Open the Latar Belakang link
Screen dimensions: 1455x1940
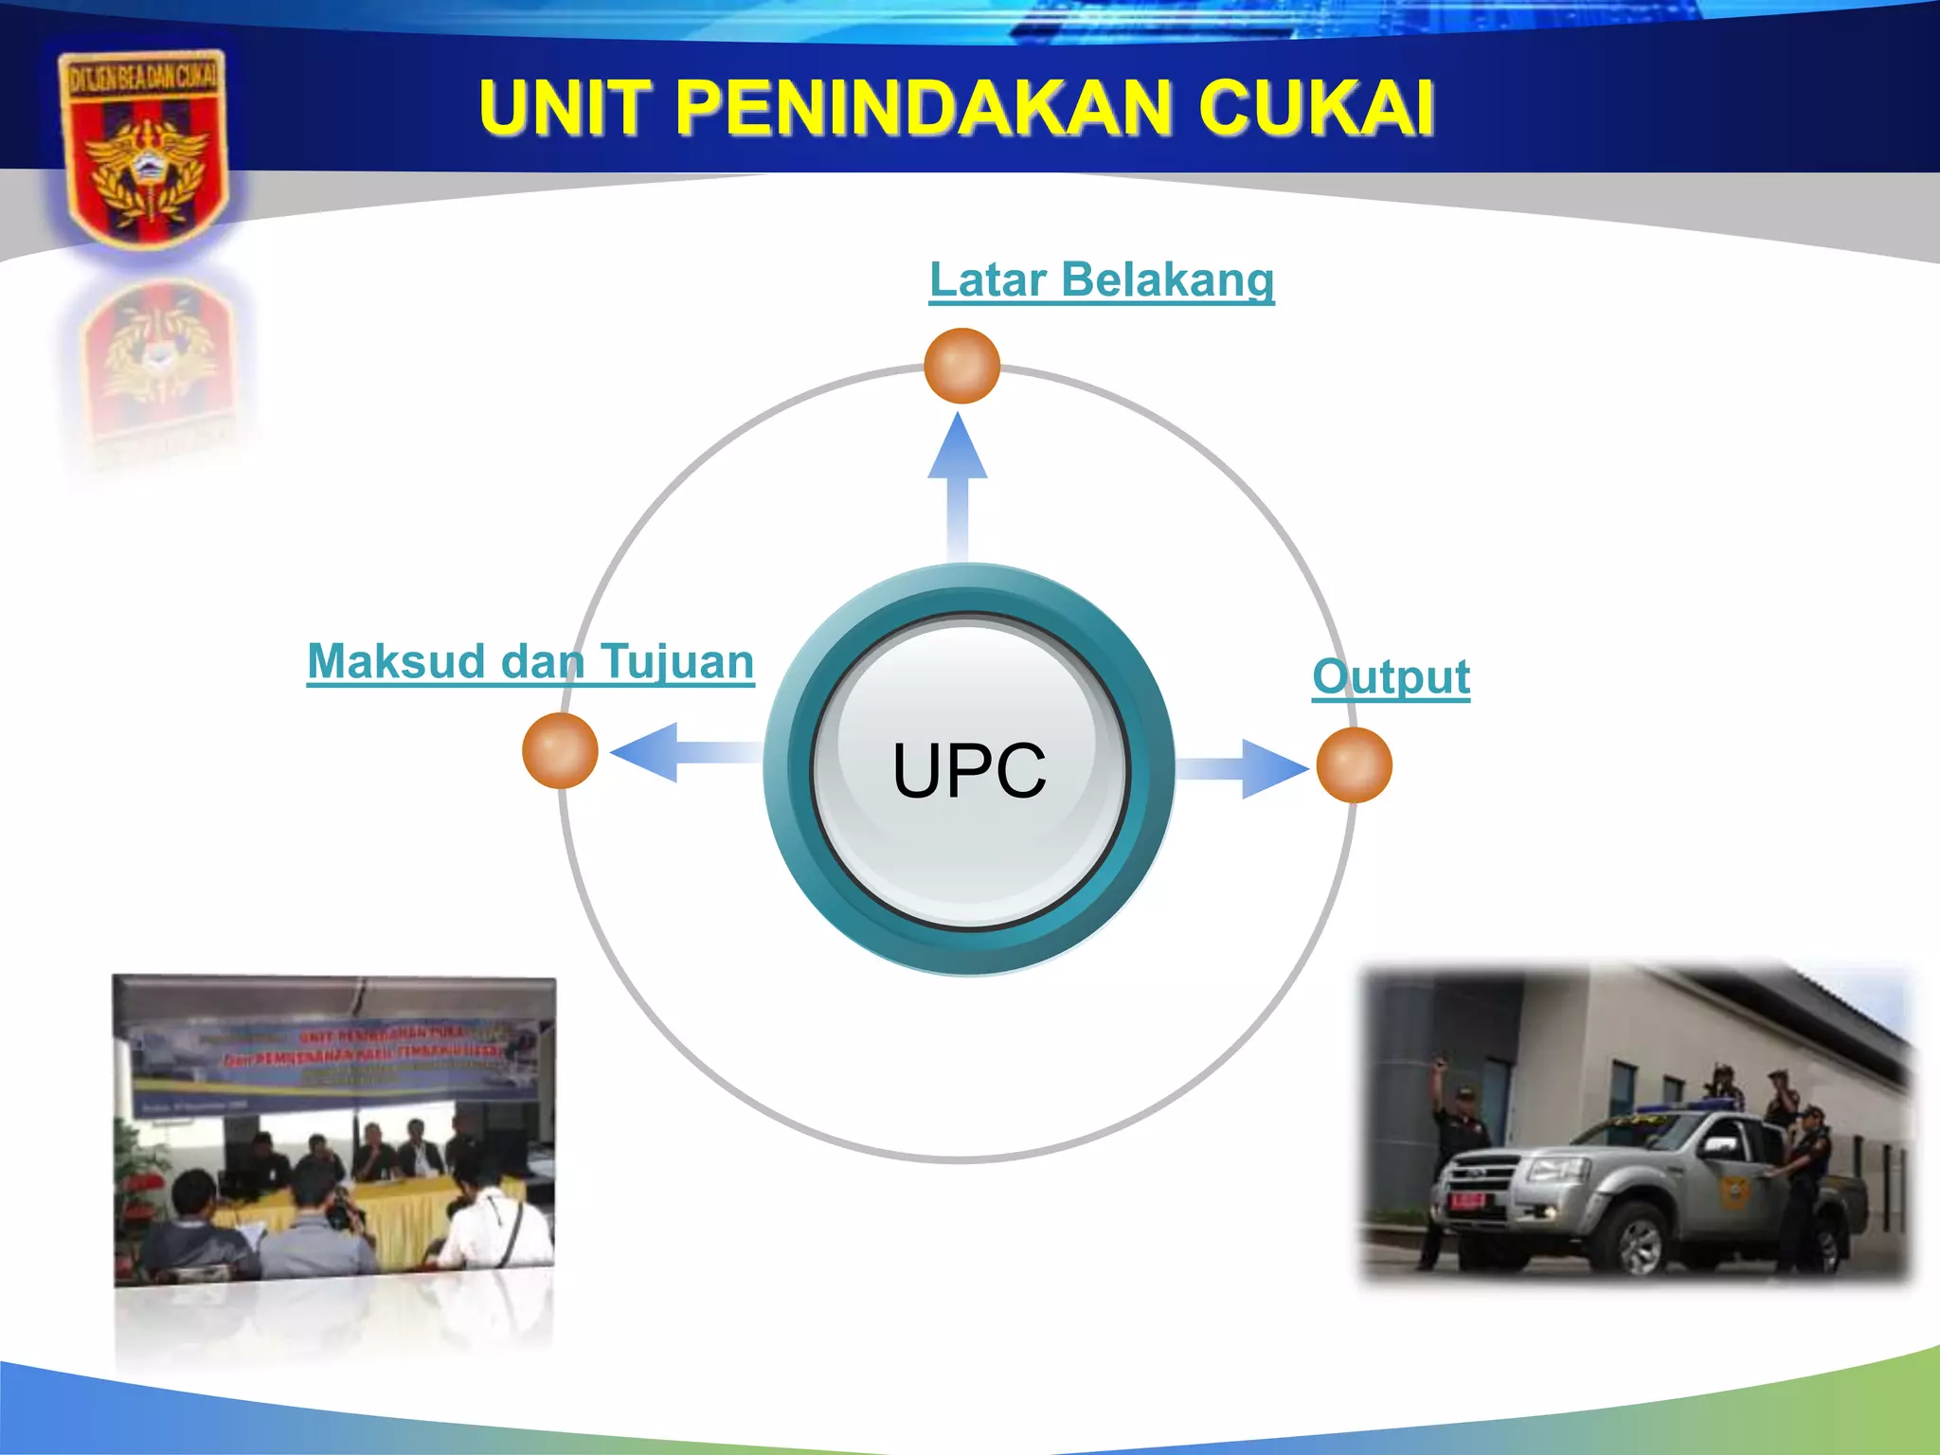(1102, 280)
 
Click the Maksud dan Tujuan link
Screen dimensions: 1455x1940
(530, 661)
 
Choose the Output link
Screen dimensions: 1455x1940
(1391, 677)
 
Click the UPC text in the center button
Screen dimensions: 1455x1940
(969, 771)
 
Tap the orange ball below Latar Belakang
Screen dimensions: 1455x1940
(961, 367)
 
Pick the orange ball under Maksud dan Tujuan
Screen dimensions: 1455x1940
(560, 751)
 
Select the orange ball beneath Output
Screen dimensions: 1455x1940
(1355, 765)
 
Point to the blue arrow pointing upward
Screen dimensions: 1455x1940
(958, 483)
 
